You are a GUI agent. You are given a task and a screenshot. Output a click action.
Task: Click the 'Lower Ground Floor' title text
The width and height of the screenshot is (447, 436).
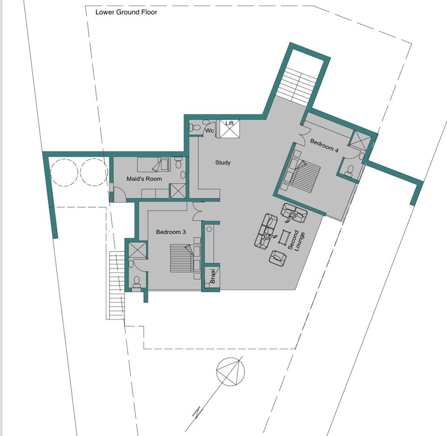tap(127, 12)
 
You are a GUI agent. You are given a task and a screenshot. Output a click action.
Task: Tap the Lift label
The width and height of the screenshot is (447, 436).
tap(229, 123)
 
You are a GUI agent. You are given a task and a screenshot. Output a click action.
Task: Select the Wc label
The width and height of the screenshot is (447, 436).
tap(210, 130)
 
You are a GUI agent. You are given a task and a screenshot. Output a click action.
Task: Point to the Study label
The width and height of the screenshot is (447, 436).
tap(223, 162)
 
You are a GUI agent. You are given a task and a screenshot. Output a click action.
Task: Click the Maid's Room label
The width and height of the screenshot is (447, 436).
tap(144, 179)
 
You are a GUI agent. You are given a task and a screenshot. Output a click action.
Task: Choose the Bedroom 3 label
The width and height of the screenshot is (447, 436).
tap(171, 232)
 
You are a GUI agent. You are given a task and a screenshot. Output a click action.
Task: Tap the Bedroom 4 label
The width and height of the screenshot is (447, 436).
tap(324, 145)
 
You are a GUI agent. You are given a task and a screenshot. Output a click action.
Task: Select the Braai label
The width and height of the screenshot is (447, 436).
tap(212, 276)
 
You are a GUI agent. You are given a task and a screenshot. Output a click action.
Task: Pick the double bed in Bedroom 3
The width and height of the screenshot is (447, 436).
tap(186, 258)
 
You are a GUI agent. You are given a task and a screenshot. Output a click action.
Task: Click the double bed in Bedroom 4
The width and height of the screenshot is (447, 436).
tap(304, 174)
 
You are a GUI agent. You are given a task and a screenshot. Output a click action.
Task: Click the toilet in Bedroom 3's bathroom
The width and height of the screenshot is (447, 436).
tap(136, 281)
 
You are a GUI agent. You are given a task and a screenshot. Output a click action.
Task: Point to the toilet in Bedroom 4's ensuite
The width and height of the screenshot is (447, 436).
tap(350, 170)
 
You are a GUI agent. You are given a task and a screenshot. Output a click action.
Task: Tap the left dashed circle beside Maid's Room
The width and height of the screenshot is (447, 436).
tap(64, 172)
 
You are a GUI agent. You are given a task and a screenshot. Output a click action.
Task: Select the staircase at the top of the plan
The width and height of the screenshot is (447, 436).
tap(297, 85)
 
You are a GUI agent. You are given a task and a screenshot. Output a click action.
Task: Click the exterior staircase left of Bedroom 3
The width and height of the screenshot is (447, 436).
tap(117, 285)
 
